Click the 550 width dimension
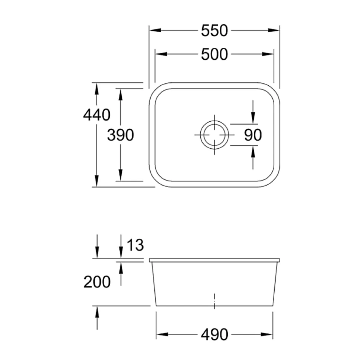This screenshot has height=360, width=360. pyautogui.click(x=214, y=31)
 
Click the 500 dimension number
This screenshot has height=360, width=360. pyautogui.click(x=214, y=54)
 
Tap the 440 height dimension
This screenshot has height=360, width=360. pyautogui.click(x=96, y=115)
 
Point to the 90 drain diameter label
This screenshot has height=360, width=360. pyautogui.click(x=253, y=135)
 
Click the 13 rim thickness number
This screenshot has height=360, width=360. pyautogui.click(x=135, y=245)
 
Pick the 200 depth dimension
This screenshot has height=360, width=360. pyautogui.click(x=97, y=283)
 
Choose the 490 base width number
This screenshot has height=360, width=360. pyautogui.click(x=214, y=335)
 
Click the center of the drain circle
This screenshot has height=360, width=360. pyautogui.click(x=215, y=134)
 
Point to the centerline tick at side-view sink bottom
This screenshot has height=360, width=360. pyautogui.click(x=215, y=301)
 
